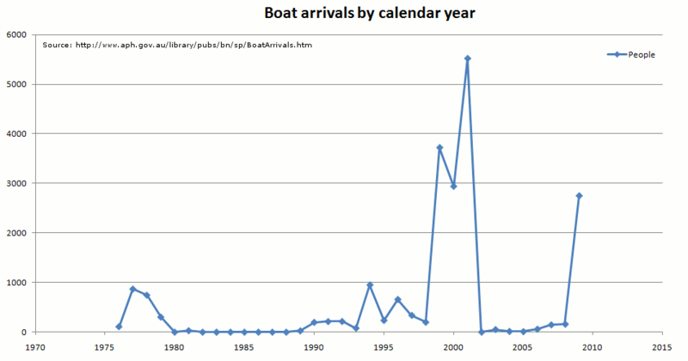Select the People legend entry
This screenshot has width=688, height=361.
tap(641, 55)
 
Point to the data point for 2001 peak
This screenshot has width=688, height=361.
tap(467, 58)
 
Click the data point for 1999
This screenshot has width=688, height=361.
tap(439, 148)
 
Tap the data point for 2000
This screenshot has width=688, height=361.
tap(453, 187)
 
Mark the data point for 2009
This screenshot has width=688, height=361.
tap(579, 196)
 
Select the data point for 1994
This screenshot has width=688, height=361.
tap(370, 285)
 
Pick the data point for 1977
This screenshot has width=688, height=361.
tap(133, 289)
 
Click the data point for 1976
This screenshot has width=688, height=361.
tap(119, 327)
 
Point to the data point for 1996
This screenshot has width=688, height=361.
tap(397, 299)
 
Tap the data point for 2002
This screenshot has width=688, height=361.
tap(482, 332)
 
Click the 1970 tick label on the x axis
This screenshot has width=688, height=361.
tap(35, 348)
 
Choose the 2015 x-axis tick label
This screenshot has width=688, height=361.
tap(661, 348)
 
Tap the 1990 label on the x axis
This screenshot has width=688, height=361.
tap(314, 348)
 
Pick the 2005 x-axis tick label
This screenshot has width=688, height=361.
tap(523, 348)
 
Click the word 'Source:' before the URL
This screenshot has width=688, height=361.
tap(56, 45)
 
